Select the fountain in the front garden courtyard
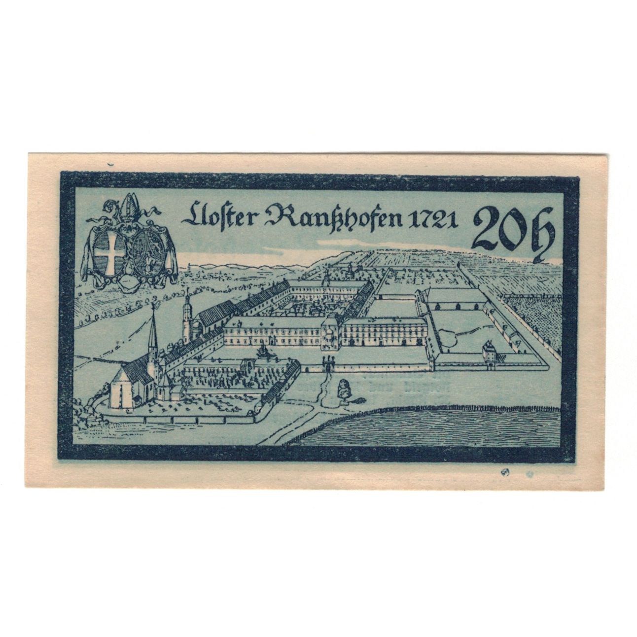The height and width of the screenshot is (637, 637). click(261, 351)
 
